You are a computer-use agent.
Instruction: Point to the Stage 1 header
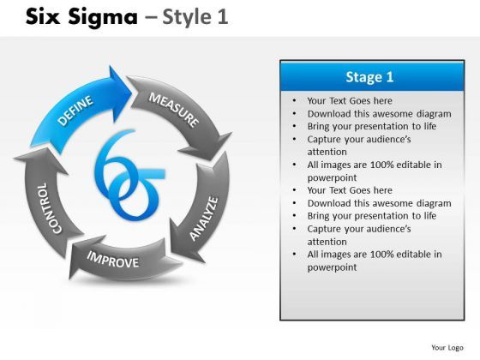pyautogui.click(x=369, y=77)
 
